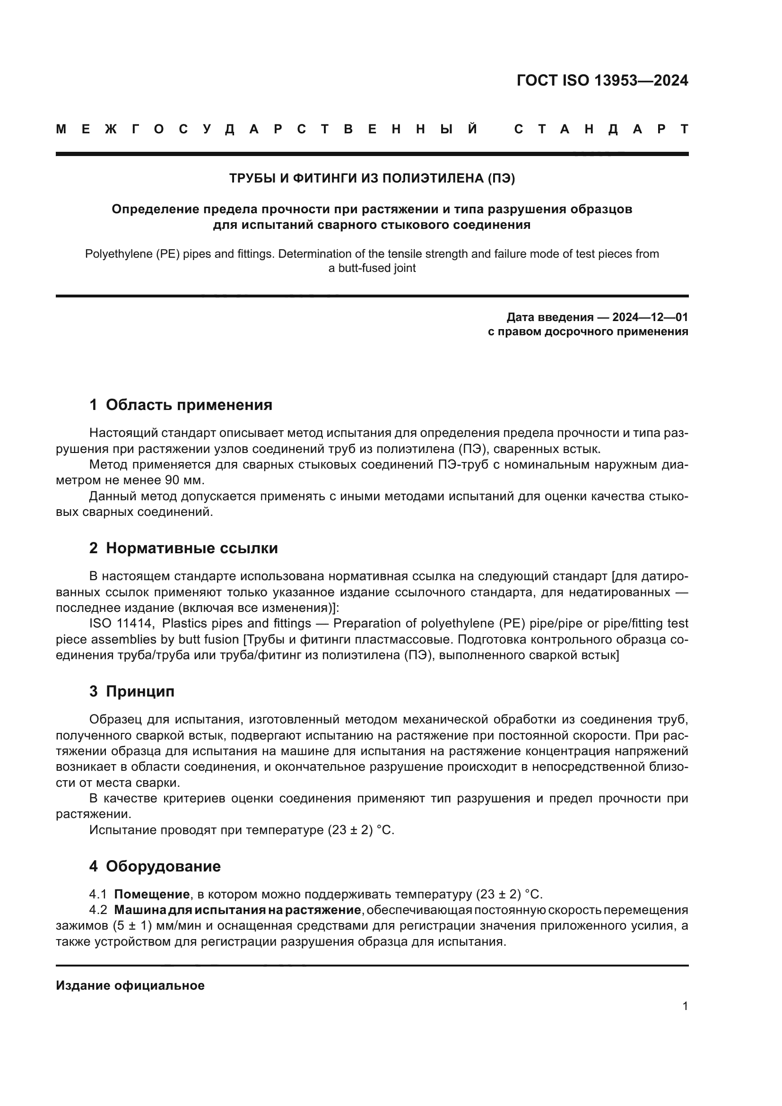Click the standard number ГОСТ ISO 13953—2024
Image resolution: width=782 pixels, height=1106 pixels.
point(602,80)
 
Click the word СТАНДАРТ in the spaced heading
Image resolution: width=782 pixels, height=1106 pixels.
point(602,130)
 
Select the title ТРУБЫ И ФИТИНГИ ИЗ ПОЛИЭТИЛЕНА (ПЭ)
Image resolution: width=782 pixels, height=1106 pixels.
point(372,179)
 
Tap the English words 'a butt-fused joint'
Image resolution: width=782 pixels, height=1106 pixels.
point(372,268)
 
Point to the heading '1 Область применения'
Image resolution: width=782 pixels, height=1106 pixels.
point(181,405)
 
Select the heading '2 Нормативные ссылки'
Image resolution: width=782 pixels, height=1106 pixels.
point(183,548)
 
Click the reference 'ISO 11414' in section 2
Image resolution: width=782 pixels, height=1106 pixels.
point(122,624)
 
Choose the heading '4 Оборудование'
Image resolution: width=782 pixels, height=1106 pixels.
point(155,866)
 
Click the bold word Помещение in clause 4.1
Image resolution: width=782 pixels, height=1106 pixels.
point(152,895)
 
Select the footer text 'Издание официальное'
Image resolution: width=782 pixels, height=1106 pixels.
point(130,985)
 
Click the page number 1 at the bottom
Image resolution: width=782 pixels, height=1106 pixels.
point(685,1006)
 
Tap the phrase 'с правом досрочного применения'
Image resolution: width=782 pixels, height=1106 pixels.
point(588,332)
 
